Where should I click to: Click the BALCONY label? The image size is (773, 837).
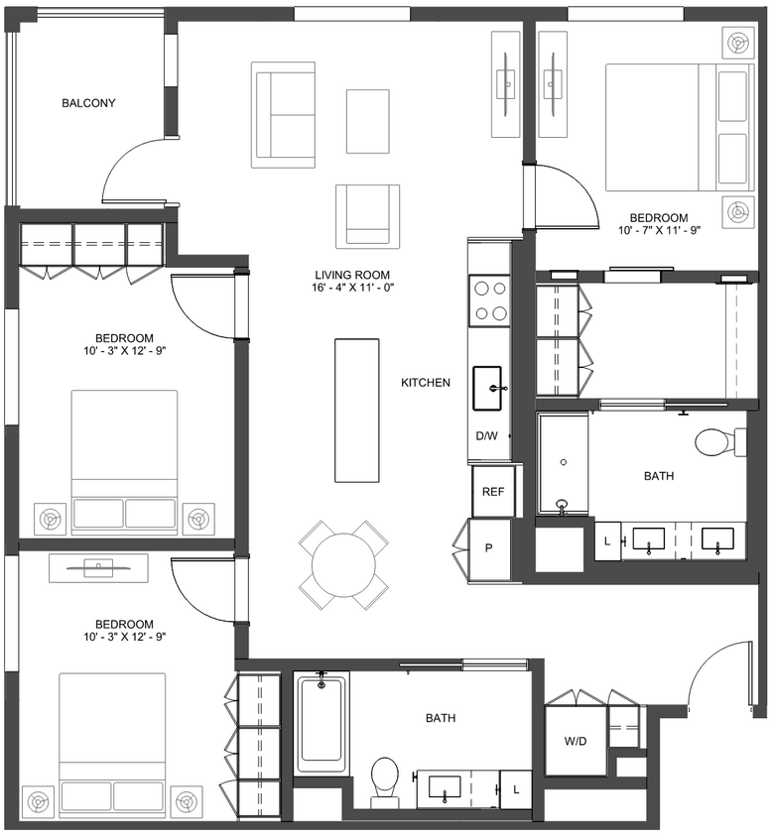[88, 103]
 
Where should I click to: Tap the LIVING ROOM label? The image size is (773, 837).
[351, 275]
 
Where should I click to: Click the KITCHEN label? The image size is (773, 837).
[426, 383]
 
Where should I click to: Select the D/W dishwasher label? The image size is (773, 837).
[486, 436]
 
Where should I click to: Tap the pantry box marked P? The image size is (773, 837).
[489, 548]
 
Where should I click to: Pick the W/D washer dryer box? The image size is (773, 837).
[575, 740]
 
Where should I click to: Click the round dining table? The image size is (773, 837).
[343, 565]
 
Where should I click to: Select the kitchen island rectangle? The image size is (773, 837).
[357, 407]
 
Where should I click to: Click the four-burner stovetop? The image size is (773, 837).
[489, 301]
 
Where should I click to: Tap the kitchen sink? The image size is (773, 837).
[490, 388]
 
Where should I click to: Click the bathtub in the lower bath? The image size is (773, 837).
[322, 722]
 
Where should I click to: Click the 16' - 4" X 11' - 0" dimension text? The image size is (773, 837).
[351, 288]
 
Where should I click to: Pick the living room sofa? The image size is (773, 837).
[283, 115]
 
